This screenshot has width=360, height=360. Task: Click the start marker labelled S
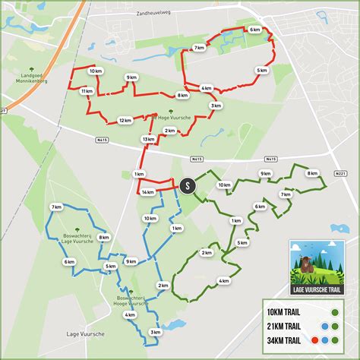(187, 184)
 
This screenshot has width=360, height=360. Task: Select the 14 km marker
(147, 193)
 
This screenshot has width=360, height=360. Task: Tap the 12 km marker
(124, 118)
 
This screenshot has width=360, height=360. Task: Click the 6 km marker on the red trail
(254, 30)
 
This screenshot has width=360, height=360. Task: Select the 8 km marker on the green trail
(312, 173)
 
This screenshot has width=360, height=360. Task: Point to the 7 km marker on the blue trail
(56, 207)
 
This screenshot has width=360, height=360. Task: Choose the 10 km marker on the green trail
(224, 185)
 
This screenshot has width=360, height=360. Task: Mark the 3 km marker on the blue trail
(155, 332)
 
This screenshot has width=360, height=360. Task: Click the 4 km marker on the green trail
(223, 281)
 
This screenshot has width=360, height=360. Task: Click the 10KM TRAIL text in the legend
(287, 312)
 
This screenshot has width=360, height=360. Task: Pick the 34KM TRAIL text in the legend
(287, 339)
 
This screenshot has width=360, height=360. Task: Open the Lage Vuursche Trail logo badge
(317, 267)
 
